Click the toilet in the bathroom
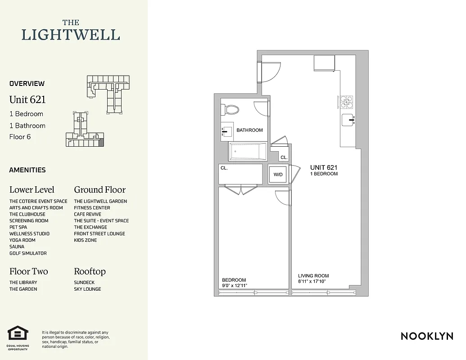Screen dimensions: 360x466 coord(231,110)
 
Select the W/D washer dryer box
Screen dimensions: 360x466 coord(277,174)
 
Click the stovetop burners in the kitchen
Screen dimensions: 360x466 coord(346,102)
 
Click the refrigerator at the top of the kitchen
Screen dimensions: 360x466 coord(324,63)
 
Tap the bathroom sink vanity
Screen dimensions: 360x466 coord(227,131)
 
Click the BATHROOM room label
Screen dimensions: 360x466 coord(249,130)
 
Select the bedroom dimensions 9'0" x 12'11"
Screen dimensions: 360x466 coord(234,285)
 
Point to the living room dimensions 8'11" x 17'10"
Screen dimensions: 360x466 coord(312,281)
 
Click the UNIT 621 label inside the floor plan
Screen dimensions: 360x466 coord(323,167)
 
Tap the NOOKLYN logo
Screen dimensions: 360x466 coord(427,336)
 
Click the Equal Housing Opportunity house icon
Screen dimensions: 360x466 coord(18,334)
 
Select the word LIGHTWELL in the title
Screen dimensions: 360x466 coord(71,35)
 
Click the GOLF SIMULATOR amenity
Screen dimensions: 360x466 coord(28,253)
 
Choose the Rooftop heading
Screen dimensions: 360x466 coord(90,271)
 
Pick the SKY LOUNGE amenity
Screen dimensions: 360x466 coord(87,289)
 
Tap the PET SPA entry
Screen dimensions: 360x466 coord(18,227)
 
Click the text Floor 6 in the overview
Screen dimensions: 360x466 coord(20,137)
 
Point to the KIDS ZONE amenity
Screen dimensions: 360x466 coord(86,240)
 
